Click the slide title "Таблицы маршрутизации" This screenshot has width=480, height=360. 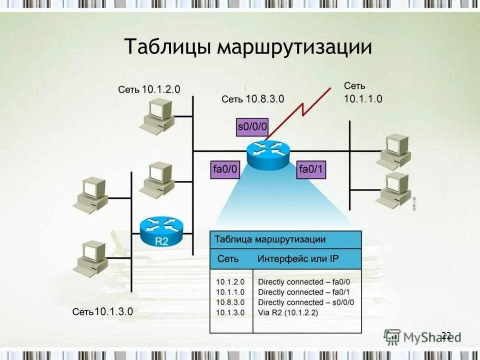[x=248, y=47]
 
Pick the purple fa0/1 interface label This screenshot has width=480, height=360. [x=311, y=169]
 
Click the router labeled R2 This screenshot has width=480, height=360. [x=161, y=231]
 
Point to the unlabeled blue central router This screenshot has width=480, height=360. [x=267, y=154]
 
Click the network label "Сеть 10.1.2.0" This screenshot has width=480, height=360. [x=149, y=89]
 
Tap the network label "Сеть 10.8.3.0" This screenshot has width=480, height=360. [x=252, y=99]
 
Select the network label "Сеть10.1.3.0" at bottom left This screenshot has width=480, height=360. [x=102, y=311]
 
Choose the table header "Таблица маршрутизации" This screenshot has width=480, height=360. [x=270, y=239]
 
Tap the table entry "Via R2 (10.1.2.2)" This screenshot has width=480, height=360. [x=288, y=313]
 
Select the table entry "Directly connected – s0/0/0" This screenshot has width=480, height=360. [x=306, y=302]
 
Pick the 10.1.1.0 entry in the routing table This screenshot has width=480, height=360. [x=230, y=292]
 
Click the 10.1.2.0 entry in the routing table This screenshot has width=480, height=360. [x=230, y=281]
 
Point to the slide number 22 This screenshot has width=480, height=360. [x=446, y=335]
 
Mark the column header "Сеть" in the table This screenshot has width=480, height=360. [x=228, y=259]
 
